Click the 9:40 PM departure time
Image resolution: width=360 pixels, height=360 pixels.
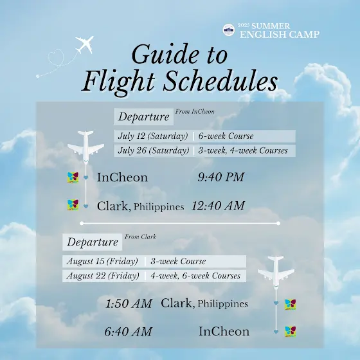221,177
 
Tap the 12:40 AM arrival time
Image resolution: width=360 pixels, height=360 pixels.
218,206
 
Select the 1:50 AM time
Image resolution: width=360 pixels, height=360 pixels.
129,303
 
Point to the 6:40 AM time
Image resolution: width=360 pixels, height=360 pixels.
129,332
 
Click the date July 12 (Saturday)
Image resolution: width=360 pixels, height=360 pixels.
153,136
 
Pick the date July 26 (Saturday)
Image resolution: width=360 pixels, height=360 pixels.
154,150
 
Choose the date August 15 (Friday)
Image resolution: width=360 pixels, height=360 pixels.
102,261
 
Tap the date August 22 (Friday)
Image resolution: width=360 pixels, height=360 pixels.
103,276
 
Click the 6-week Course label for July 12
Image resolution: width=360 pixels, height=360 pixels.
226,136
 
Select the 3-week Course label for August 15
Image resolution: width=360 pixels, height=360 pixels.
178,261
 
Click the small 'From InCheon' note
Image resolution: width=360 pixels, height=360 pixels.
195,112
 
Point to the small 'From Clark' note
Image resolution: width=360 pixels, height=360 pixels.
140,237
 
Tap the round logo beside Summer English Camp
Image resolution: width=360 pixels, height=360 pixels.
229,30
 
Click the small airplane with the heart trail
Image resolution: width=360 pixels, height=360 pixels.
85,44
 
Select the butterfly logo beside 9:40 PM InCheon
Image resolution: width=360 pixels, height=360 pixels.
73,177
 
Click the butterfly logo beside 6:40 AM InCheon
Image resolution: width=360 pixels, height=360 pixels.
291,332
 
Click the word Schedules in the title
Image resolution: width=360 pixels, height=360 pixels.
221,82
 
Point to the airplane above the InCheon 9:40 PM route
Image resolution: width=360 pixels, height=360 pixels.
85,146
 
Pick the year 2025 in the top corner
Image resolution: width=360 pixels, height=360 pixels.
244,25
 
